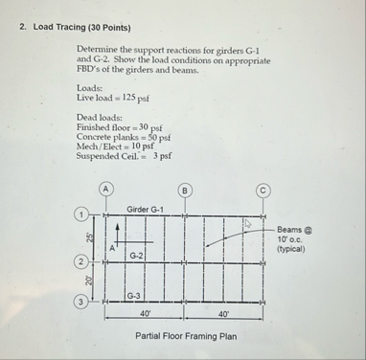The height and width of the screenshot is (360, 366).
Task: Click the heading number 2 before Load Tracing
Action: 22,27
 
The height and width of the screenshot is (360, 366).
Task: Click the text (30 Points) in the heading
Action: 107,27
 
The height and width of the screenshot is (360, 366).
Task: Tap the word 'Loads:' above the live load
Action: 89,87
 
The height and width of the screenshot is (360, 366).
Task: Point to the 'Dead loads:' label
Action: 99,117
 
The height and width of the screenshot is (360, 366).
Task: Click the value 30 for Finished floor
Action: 146,127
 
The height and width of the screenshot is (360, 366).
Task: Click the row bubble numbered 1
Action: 83,214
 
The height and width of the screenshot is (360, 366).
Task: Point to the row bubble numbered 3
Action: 83,303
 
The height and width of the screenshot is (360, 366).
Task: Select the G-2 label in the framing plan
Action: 137,256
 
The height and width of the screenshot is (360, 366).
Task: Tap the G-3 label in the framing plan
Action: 136,297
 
